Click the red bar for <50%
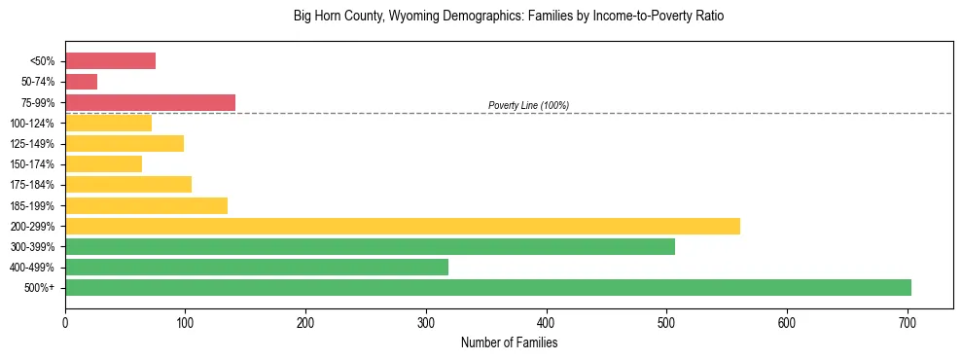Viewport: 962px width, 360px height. pos(110,61)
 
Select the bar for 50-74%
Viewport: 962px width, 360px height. pos(81,82)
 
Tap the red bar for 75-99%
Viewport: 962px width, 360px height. pos(150,102)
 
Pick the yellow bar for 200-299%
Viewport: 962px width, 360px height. pos(403,226)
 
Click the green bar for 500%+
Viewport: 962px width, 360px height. pos(488,287)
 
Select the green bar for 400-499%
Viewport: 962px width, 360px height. pos(257,267)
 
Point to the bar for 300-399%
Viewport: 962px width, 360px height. pos(370,246)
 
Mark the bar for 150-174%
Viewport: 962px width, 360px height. pos(103,164)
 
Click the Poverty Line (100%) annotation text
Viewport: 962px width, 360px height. pos(528,105)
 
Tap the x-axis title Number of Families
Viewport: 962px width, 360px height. pos(509,342)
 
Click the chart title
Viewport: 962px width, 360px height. pos(509,17)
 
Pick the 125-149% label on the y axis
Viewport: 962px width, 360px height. pos(32,144)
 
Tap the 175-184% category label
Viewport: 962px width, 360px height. pos(32,185)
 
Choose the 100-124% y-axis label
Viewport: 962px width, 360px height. pos(32,124)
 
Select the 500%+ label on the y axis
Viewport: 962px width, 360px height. pos(39,288)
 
